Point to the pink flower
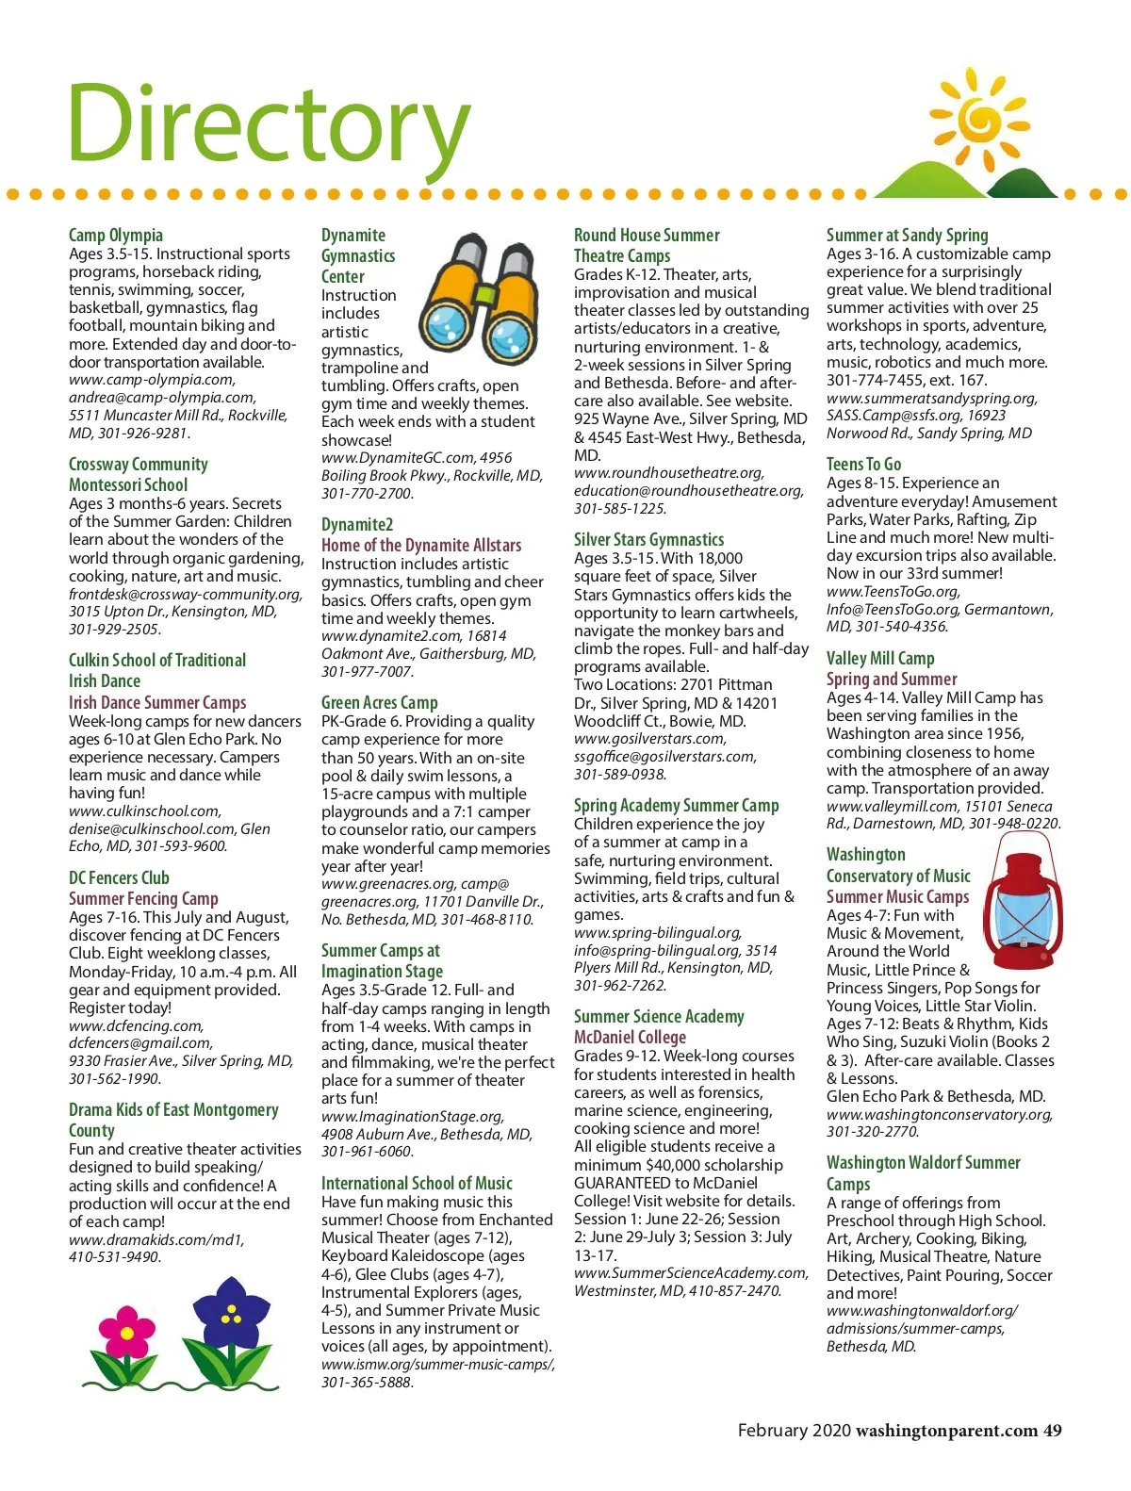[x=128, y=1333]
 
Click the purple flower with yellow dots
[x=230, y=1316]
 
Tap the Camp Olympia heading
[x=116, y=235]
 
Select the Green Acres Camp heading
[x=379, y=702]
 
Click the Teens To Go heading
[x=863, y=464]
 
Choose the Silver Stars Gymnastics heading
[x=648, y=539]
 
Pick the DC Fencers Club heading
[x=119, y=877]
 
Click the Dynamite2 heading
[x=357, y=524]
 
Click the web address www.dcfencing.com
[x=136, y=1025]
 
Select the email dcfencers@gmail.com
[x=140, y=1043]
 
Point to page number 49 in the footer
[x=1052, y=1430]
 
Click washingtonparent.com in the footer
[x=946, y=1430]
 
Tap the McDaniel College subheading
[x=630, y=1037]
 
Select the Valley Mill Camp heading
[x=880, y=658]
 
